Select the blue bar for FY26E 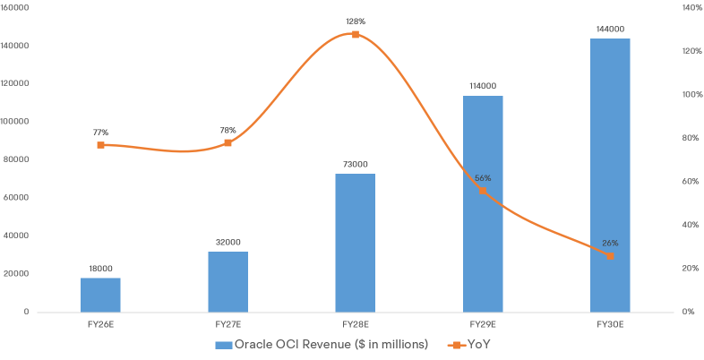(x=100, y=295)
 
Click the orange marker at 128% (x=356, y=34)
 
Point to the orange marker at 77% (x=100, y=144)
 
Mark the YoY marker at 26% (x=610, y=255)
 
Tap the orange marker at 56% (x=483, y=191)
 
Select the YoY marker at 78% (x=228, y=142)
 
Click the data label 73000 (x=355, y=164)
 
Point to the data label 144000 (x=610, y=30)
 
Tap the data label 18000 (x=100, y=269)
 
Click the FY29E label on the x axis (x=482, y=322)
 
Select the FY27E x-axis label (x=228, y=322)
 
